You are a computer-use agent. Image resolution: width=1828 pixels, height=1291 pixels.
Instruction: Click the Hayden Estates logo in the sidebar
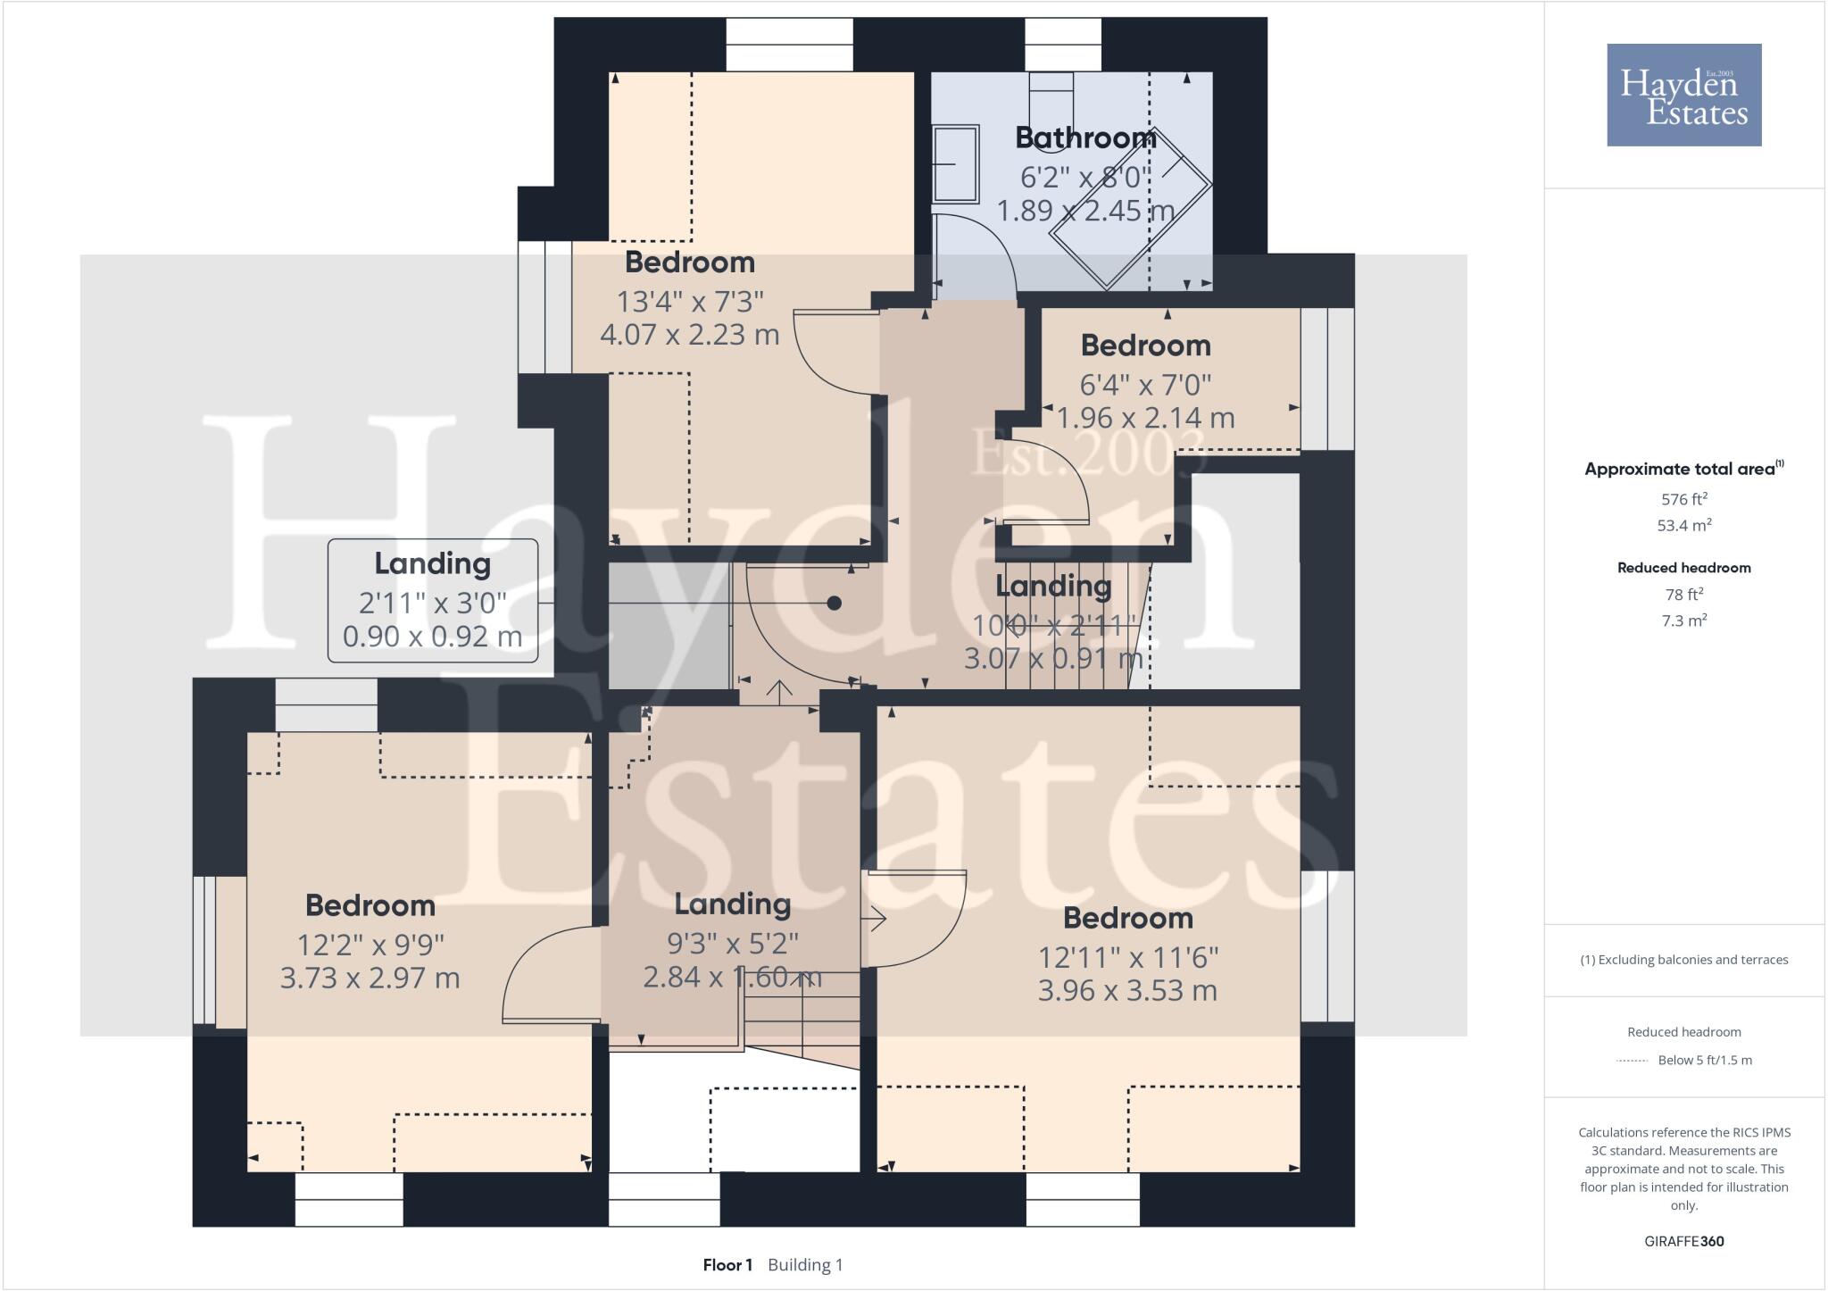[x=1683, y=95]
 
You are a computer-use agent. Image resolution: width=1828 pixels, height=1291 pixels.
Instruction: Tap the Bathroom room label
[x=1085, y=137]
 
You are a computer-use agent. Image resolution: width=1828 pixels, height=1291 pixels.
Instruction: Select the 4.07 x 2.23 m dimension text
[x=689, y=335]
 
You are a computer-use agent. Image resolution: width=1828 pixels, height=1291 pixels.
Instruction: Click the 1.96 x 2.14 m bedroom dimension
[x=1145, y=418]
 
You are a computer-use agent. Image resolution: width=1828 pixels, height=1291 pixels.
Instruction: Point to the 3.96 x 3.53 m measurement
[x=1127, y=990]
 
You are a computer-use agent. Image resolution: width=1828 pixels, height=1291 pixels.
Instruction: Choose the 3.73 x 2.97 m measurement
[x=370, y=978]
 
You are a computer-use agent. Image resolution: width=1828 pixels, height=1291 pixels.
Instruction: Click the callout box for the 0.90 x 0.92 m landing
[x=433, y=600]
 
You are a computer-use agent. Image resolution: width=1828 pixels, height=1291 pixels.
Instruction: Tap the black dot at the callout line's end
[x=834, y=604]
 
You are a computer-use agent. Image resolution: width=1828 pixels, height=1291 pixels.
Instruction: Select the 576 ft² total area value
[x=1683, y=500]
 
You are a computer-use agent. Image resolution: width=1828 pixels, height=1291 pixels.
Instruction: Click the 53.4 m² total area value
[x=1683, y=526]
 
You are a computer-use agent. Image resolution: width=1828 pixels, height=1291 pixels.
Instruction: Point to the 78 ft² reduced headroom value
[x=1683, y=595]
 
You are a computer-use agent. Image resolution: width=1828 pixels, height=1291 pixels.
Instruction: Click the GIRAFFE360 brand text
[x=1683, y=1241]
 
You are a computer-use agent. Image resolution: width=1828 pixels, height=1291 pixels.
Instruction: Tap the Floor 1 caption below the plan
[x=727, y=1265]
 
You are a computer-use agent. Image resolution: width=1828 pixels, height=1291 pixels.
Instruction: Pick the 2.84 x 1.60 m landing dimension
[x=732, y=977]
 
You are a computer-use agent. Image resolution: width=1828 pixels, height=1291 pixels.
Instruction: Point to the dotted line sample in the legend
[x=1631, y=1061]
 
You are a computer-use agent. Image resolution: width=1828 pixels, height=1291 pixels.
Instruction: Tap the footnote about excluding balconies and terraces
[x=1683, y=960]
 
